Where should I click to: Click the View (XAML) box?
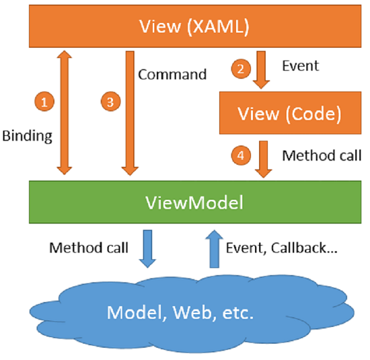click(x=193, y=28)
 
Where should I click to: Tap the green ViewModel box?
click(x=193, y=201)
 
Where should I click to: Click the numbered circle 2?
click(x=240, y=68)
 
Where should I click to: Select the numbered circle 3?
click(x=108, y=102)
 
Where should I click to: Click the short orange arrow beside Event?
click(x=261, y=71)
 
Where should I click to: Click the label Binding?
click(x=27, y=137)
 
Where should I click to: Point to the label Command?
click(x=172, y=74)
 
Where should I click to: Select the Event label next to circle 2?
click(x=299, y=66)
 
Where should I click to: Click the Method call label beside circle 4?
click(x=322, y=155)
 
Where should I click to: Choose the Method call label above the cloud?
click(x=90, y=247)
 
